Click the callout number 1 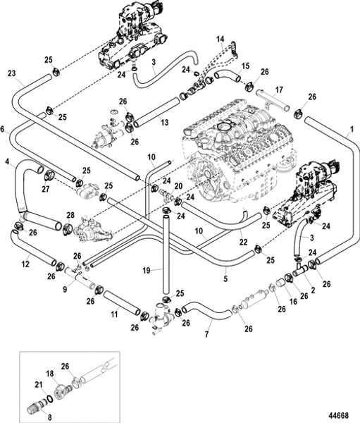pyautogui.click(x=350, y=130)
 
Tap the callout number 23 pyautogui.click(x=11, y=72)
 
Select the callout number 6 pyautogui.click(x=4, y=128)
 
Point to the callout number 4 pyautogui.click(x=6, y=161)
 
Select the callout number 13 pyautogui.click(x=163, y=123)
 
